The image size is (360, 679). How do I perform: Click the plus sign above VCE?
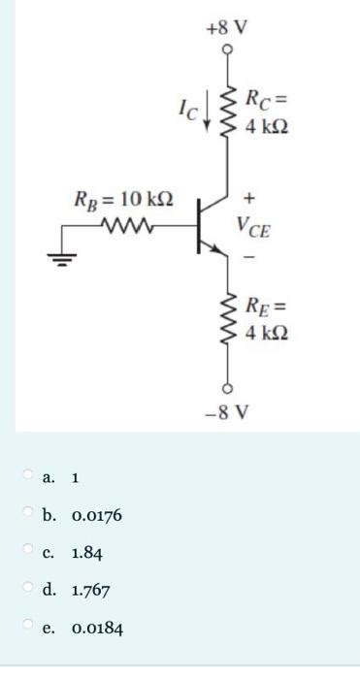(249, 202)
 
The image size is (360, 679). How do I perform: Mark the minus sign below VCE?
(249, 258)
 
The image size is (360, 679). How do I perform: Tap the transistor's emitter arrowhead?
(219, 250)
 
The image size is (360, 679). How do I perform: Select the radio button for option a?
(28, 475)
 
